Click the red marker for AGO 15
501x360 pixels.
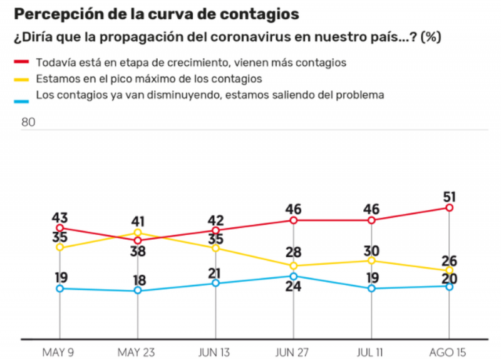(449, 207)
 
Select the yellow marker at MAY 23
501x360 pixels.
(138, 232)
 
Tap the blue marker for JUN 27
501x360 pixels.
(294, 275)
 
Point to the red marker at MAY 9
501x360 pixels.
(60, 228)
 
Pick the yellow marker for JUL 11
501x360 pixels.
(371, 260)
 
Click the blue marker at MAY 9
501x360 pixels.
(60, 288)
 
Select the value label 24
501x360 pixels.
(294, 288)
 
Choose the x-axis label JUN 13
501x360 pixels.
(215, 351)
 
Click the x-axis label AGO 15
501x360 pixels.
(448, 351)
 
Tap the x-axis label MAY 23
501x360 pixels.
(138, 351)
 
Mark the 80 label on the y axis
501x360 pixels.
(28, 122)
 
